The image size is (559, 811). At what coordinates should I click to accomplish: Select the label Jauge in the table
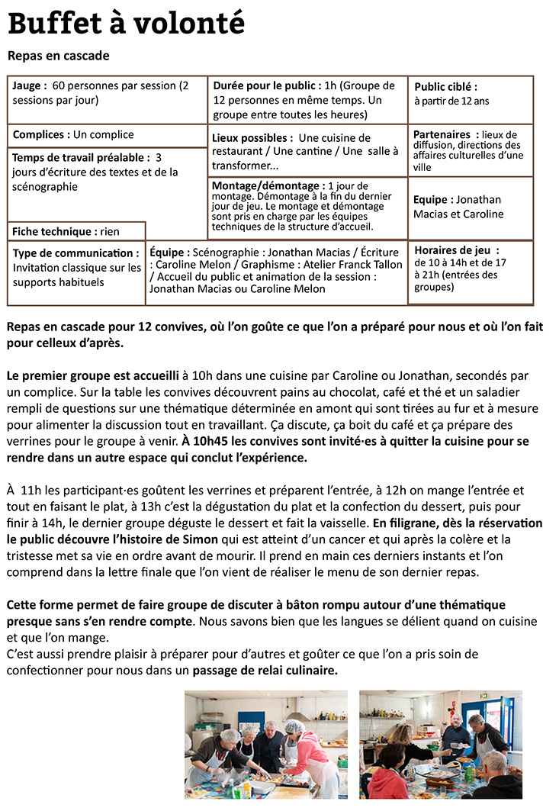29,86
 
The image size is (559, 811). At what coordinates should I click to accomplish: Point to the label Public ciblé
445,87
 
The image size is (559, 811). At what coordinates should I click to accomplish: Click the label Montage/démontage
266,186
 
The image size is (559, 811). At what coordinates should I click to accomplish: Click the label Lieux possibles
252,138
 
